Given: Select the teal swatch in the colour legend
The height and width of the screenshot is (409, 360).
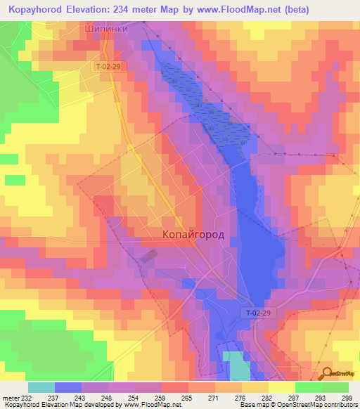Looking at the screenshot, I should point(41,387).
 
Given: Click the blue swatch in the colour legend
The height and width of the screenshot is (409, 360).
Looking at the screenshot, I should point(68,387).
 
